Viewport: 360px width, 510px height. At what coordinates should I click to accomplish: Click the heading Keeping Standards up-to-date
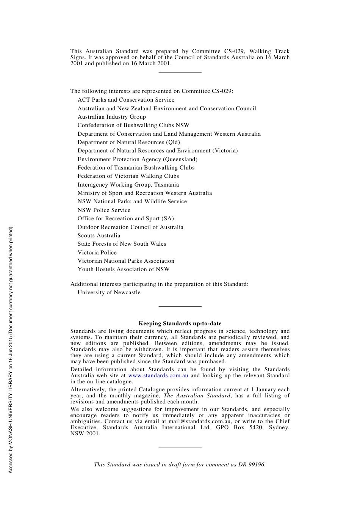[x=180, y=323]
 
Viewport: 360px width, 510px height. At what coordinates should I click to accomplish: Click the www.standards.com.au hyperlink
[x=158, y=375]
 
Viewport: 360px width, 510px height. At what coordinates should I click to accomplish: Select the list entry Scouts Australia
[x=99, y=235]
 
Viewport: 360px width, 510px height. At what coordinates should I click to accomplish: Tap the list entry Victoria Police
[x=97, y=253]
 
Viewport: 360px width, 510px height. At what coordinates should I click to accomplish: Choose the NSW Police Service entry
[x=104, y=210]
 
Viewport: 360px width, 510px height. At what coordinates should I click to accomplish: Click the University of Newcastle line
[x=109, y=292]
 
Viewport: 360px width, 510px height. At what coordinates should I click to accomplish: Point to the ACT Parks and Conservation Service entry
[x=126, y=100]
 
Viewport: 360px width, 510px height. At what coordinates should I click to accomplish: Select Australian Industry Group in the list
[x=112, y=117]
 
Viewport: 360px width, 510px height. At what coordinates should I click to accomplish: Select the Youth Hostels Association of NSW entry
[x=124, y=269]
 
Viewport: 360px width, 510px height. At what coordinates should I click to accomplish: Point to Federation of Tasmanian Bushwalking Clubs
[x=136, y=168]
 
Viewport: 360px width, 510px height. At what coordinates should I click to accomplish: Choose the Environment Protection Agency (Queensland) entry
[x=138, y=159]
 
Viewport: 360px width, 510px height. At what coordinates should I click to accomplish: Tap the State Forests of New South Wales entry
[x=122, y=244]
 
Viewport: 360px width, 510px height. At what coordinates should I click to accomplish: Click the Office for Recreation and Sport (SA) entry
[x=126, y=218]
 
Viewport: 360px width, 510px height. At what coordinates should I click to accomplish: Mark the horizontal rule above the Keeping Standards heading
[x=180, y=306]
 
